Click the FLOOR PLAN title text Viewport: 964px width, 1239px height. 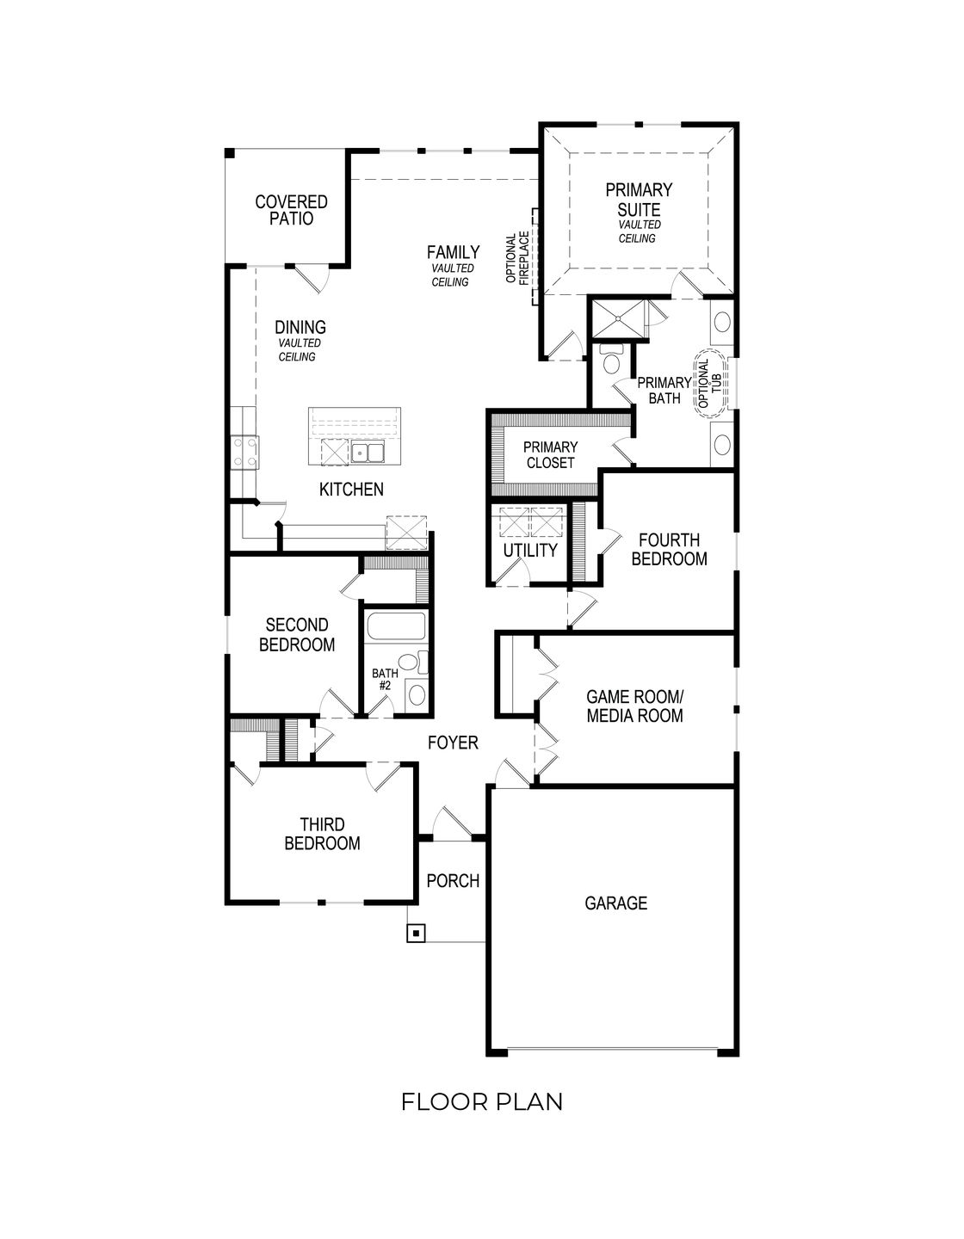pos(482,1101)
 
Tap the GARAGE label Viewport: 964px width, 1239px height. pos(615,903)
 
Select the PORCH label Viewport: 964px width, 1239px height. pos(453,881)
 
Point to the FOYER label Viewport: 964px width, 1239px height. pos(453,743)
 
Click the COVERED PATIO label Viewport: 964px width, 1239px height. pos(291,211)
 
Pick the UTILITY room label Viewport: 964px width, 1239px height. pos(530,551)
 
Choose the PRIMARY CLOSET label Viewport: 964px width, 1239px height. pos(550,455)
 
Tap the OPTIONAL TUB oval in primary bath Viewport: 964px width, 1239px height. pos(712,385)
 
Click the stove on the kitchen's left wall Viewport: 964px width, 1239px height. pos(244,452)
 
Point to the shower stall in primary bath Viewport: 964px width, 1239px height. pos(618,318)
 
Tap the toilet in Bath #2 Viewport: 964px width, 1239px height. pos(417,663)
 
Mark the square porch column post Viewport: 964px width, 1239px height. pos(417,933)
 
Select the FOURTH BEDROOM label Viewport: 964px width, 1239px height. pos(669,550)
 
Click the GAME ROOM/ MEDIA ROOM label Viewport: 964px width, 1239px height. pos(634,706)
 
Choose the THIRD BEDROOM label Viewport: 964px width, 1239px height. pos(322,835)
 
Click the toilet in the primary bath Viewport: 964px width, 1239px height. pos(612,361)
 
